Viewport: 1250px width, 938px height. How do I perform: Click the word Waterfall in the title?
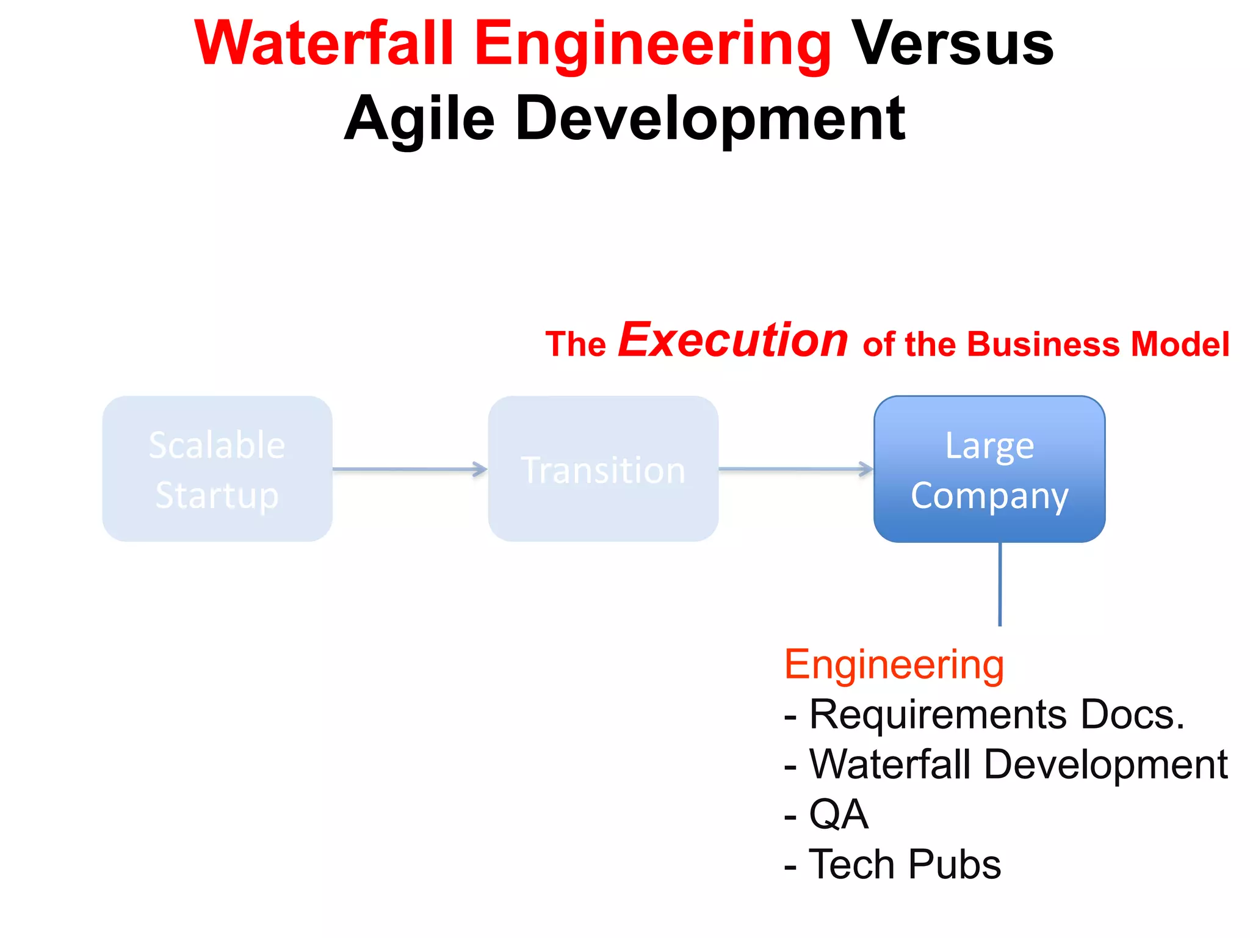pos(324,44)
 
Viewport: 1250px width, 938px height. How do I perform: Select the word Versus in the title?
pos(952,44)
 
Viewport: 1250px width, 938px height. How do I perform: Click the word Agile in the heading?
pos(419,119)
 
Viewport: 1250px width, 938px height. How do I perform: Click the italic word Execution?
pos(732,340)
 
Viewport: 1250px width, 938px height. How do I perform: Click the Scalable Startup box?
pos(217,468)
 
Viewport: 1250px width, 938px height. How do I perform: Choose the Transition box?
pos(603,468)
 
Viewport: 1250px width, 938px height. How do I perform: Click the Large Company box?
pos(989,468)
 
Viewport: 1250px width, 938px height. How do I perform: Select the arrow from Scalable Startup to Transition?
pos(410,469)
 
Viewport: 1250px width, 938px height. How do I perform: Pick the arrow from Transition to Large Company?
pos(795,469)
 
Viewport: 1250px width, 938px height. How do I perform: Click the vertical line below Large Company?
pos(1000,584)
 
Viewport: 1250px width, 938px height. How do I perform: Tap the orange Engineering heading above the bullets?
pos(894,664)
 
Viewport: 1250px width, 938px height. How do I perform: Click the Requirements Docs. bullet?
pos(984,714)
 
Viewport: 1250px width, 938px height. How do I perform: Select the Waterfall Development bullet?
pos(1006,765)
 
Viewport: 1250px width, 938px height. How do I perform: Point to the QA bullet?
pos(826,815)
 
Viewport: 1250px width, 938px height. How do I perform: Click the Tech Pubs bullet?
pos(892,865)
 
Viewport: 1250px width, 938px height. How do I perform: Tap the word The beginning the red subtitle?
pos(575,344)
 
